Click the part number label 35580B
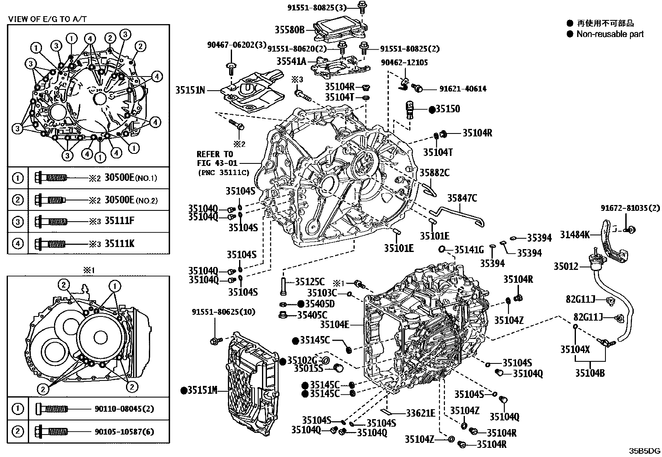tap(290, 30)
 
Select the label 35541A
tap(291, 62)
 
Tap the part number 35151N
tap(190, 90)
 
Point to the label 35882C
tap(434, 172)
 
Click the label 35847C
tap(462, 198)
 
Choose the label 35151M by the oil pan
tap(203, 390)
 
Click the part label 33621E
tap(420, 413)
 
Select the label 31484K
tap(575, 235)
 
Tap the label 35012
tap(566, 266)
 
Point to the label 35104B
tap(590, 373)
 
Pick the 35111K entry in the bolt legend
tap(119, 243)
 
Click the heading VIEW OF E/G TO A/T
tap(48, 19)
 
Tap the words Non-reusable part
tap(610, 34)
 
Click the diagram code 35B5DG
tap(644, 451)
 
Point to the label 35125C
tap(310, 282)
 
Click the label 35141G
tap(469, 249)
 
